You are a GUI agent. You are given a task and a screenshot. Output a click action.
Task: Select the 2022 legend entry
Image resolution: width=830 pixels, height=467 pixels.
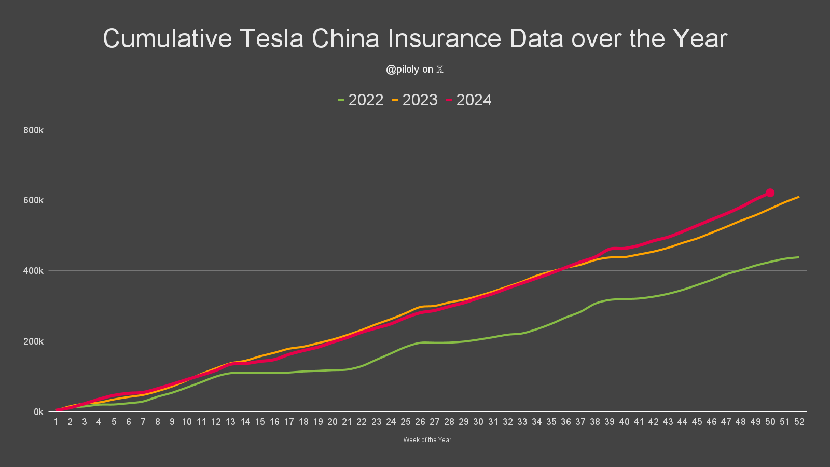point(361,100)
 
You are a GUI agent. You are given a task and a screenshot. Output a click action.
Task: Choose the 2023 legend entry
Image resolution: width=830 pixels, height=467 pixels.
point(415,100)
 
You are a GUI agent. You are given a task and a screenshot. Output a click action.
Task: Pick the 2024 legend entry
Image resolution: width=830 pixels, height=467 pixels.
point(469,100)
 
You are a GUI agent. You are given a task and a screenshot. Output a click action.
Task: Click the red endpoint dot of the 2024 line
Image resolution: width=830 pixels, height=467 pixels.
point(770,193)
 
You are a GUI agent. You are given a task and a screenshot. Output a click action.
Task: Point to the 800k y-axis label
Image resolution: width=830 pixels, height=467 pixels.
point(33,130)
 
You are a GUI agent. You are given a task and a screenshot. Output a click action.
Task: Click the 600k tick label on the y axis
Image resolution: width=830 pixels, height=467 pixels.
point(33,200)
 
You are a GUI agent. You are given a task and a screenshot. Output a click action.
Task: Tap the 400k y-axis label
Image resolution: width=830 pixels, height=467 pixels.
point(33,271)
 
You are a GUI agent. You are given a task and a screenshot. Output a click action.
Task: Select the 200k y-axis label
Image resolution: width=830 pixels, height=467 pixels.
point(33,341)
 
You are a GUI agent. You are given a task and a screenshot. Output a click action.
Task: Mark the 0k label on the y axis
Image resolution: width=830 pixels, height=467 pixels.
point(38,412)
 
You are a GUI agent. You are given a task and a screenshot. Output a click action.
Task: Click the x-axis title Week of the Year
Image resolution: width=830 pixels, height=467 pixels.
point(427,440)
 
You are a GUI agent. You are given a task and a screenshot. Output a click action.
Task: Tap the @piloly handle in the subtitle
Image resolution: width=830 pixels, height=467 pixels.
point(402,70)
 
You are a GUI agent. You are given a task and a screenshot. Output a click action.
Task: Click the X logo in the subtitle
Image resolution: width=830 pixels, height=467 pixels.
point(440,70)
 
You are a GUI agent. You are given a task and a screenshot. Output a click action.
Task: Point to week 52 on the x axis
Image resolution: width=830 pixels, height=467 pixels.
point(799,422)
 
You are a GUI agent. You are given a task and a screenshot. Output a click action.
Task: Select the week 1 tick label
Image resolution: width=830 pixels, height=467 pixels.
point(56,422)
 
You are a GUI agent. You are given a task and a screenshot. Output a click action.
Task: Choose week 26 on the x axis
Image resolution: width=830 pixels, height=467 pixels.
point(420,422)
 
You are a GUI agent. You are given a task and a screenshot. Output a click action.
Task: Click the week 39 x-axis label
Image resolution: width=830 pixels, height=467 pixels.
point(610,422)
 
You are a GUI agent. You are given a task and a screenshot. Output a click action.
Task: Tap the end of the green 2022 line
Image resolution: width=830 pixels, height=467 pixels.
point(799,257)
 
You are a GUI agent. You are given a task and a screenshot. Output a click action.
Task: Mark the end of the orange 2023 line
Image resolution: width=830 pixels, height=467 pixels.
point(799,197)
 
